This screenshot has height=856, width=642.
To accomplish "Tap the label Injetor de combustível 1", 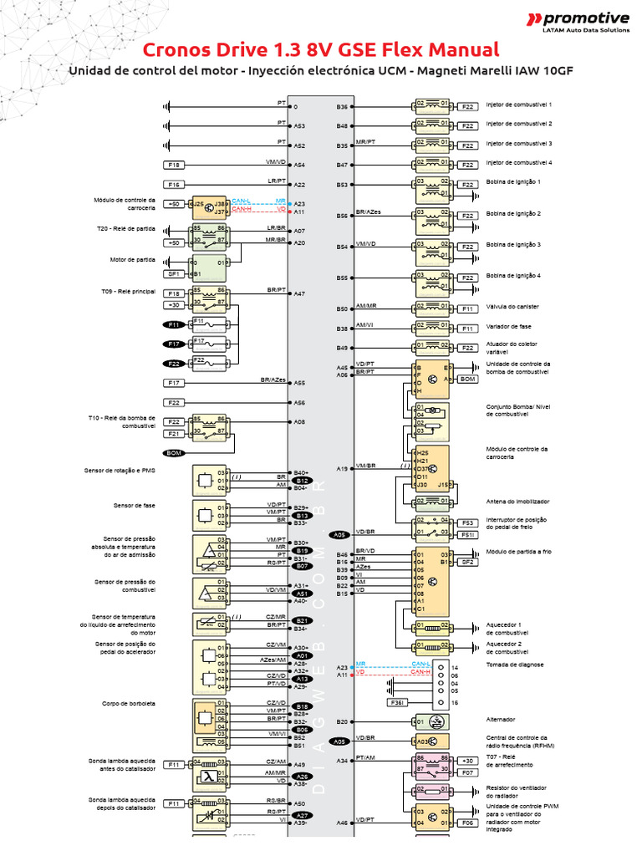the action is click(519, 104).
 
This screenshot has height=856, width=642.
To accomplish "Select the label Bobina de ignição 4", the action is click(513, 275).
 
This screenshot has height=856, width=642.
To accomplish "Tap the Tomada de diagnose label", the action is click(515, 665).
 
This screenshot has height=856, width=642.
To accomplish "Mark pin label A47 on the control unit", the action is click(299, 294).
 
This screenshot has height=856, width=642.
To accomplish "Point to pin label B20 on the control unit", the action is click(342, 721).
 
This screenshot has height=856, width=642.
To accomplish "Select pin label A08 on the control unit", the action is click(299, 422).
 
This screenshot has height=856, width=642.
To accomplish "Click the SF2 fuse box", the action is click(468, 562).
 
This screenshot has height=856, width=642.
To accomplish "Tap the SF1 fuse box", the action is click(174, 273).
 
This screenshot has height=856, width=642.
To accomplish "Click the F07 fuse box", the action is click(468, 772).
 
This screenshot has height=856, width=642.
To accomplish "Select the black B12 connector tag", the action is click(303, 481).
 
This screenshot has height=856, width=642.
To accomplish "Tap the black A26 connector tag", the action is click(303, 777).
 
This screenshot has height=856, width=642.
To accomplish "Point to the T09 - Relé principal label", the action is click(125, 292).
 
